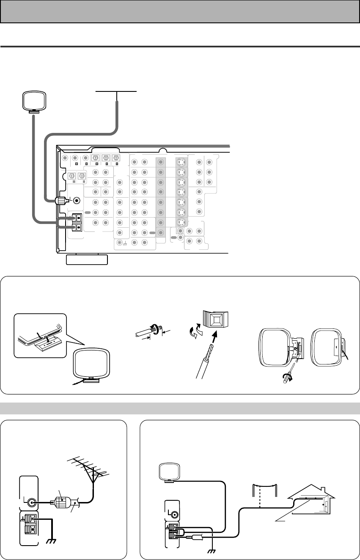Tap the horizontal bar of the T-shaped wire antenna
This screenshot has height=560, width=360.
[116, 91]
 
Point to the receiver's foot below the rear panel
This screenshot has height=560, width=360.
[87, 259]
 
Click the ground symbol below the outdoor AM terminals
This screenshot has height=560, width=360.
[210, 549]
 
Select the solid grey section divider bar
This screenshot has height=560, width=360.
[180, 408]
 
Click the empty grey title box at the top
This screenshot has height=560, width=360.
[180, 11]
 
